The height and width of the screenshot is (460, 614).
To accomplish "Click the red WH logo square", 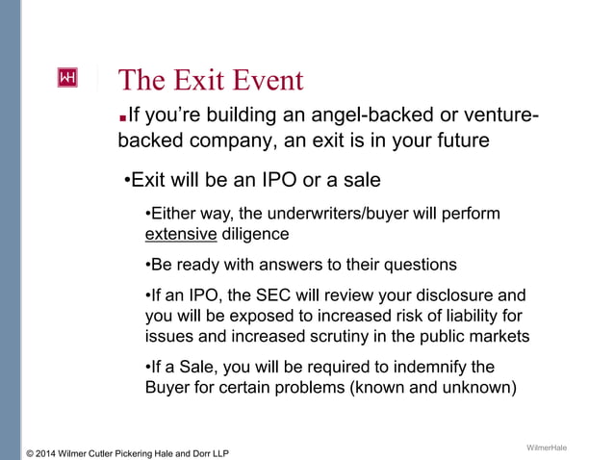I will [x=68, y=78].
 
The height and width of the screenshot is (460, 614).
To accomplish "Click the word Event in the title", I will [x=259, y=80].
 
